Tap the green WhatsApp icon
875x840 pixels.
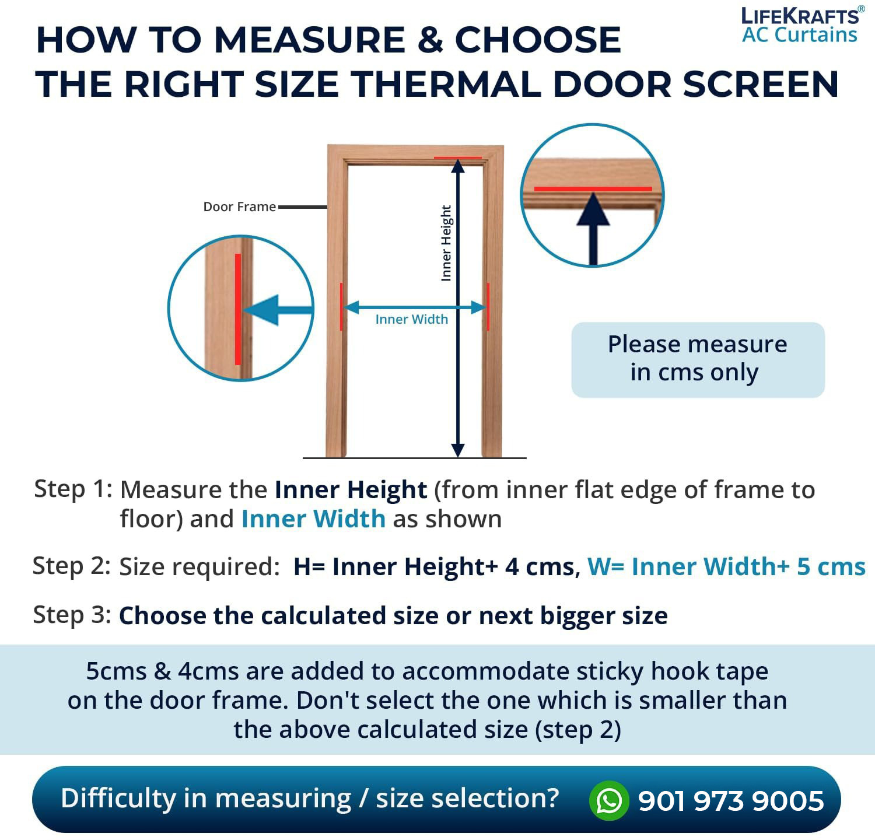point(609,800)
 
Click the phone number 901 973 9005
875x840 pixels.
point(731,801)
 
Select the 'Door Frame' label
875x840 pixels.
point(239,206)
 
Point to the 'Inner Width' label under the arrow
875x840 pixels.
point(412,319)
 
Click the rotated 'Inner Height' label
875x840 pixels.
point(446,243)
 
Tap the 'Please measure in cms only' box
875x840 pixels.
point(698,359)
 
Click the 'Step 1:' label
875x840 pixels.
point(73,489)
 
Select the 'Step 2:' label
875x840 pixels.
point(71,566)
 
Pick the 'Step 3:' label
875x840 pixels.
point(72,615)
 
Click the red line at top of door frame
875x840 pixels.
point(458,157)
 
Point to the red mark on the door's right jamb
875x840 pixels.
point(488,307)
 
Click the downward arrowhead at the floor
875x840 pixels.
point(458,450)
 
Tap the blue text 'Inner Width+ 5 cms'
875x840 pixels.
point(749,566)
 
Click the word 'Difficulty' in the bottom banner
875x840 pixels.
point(118,799)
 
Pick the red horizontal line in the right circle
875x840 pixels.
point(593,189)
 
